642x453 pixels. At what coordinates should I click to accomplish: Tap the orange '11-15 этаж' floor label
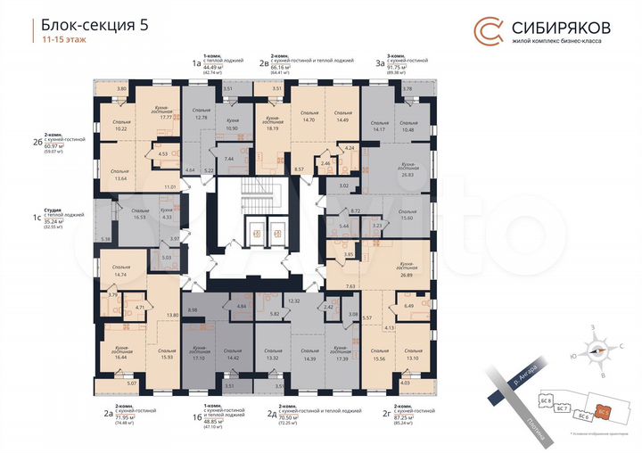[x=64, y=41]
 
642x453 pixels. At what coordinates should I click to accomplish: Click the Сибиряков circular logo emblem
[x=487, y=31]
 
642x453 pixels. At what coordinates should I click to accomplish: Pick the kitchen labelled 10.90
[x=231, y=126]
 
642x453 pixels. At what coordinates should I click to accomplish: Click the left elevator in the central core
[x=257, y=235]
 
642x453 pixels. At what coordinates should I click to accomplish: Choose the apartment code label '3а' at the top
[x=381, y=63]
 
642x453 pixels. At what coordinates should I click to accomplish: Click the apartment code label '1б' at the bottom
[x=185, y=415]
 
